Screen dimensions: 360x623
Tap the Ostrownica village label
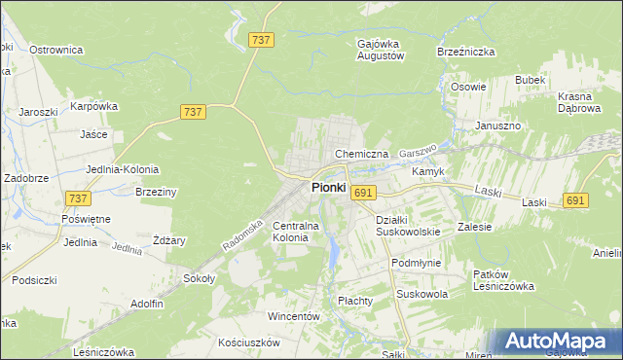pyautogui.click(x=55, y=50)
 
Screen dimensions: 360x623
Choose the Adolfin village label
pyautogui.click(x=146, y=304)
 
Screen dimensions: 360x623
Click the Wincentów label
pyautogui.click(x=294, y=317)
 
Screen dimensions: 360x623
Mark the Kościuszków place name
pyautogui.click(x=249, y=342)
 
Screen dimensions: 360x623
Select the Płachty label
pyautogui.click(x=355, y=301)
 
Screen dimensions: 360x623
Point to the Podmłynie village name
pyautogui.click(x=416, y=263)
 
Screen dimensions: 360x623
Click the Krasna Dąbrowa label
pyautogui.click(x=582, y=103)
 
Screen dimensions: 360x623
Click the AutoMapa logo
pyautogui.click(x=557, y=342)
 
